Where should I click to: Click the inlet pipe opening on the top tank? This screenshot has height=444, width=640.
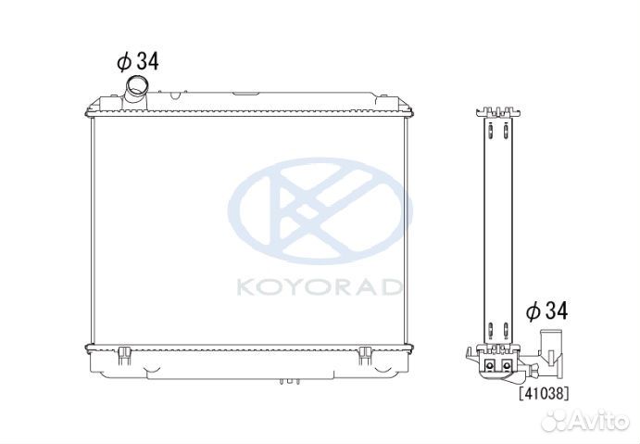135,85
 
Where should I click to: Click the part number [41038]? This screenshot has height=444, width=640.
544,393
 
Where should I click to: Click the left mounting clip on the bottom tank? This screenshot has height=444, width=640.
122,352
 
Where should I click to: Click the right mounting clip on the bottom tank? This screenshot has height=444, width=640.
364,352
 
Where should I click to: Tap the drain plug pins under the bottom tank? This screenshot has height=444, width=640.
289,380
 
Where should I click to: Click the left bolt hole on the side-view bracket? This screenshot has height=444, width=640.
489,367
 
